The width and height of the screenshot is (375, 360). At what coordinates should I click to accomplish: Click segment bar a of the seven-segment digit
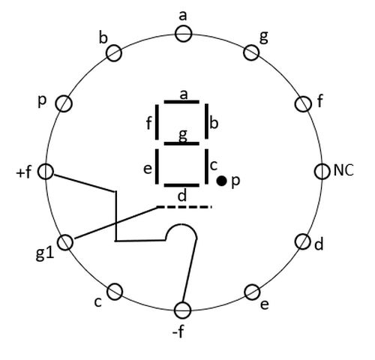[181, 102]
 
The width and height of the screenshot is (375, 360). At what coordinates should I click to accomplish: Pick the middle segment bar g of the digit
[181, 143]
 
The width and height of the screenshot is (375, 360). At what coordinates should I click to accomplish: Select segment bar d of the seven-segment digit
[181, 185]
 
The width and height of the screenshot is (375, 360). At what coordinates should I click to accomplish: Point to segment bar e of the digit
[157, 166]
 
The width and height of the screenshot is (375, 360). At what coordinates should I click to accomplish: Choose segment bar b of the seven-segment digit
[206, 121]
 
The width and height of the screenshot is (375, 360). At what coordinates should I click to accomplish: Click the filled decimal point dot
[221, 181]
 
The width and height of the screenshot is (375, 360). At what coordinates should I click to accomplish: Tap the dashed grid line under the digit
[184, 207]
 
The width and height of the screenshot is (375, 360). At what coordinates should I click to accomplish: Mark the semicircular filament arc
[181, 225]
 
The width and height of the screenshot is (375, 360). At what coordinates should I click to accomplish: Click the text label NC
[343, 170]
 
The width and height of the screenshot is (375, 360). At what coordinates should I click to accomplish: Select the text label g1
[45, 254]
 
